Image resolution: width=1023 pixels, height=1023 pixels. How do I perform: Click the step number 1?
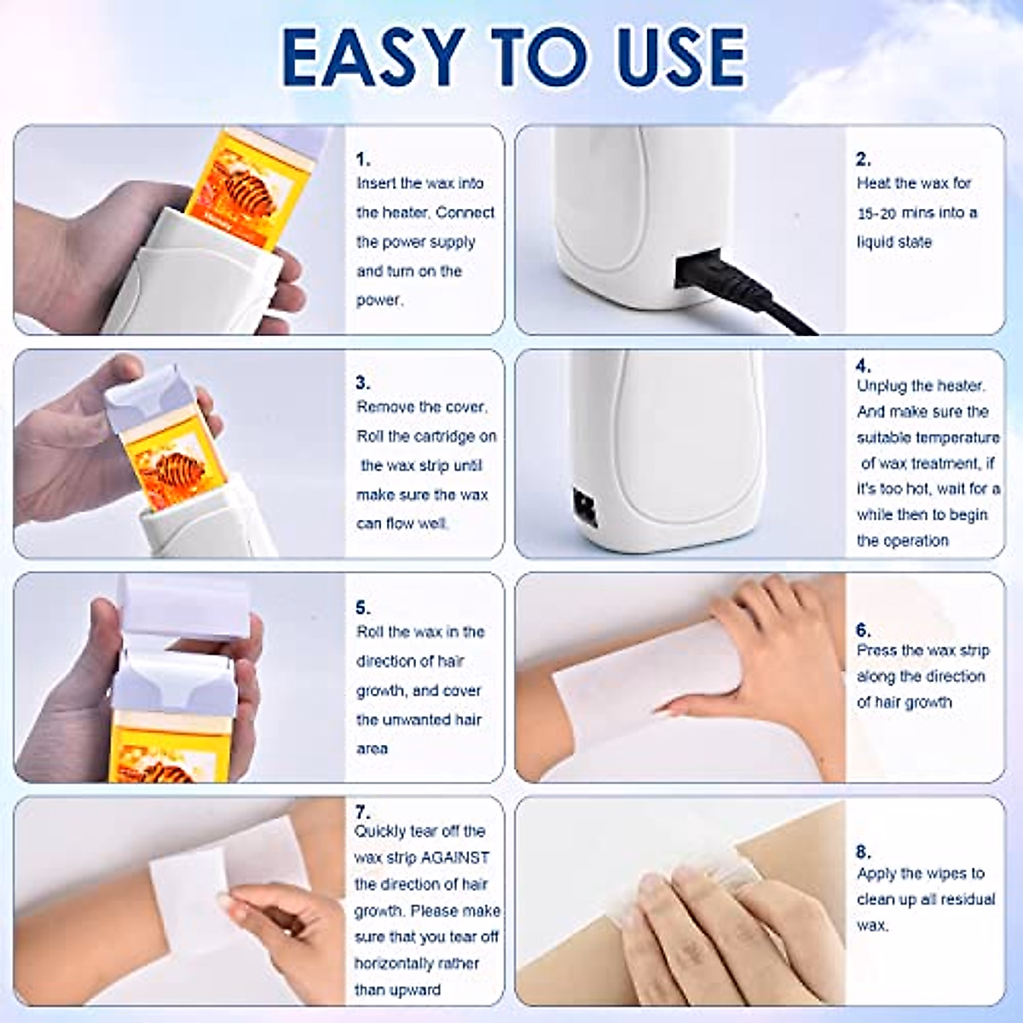coord(362,159)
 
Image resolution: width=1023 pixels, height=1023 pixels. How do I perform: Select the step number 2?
coord(863,159)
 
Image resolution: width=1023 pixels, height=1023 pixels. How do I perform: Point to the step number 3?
coord(362,383)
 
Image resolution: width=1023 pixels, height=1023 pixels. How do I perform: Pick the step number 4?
coord(863,366)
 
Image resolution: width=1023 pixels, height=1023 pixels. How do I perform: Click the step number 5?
coord(362,608)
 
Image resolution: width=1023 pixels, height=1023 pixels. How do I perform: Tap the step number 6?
coord(863,630)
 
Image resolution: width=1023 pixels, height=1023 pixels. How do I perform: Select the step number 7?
coord(362,812)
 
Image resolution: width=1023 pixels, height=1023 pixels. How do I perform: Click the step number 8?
coord(863,852)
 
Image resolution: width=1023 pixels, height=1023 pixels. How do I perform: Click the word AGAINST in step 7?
coord(455,858)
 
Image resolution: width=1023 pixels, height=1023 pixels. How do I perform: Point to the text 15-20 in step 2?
coord(876,213)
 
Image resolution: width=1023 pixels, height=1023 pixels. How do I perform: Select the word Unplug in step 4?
coord(881,386)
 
